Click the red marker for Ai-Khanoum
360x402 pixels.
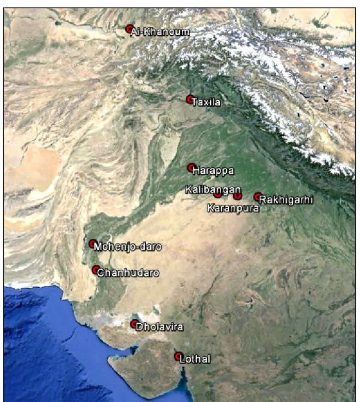click(x=130, y=29)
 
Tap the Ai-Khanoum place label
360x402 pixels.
click(x=154, y=32)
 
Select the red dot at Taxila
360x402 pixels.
click(x=190, y=99)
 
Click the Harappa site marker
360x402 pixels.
click(x=191, y=167)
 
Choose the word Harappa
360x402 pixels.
click(x=213, y=171)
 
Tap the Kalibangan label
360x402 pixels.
click(x=213, y=189)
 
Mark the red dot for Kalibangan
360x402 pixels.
click(x=218, y=194)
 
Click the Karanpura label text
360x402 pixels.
click(x=233, y=208)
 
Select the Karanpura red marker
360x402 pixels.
click(x=238, y=196)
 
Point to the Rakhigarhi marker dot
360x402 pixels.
click(x=258, y=197)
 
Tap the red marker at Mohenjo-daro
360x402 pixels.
click(x=93, y=243)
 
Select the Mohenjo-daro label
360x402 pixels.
click(x=127, y=247)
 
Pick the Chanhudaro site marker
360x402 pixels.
click(x=96, y=270)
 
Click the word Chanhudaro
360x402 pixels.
click(x=128, y=273)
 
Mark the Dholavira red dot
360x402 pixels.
click(x=134, y=324)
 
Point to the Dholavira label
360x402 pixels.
click(x=160, y=327)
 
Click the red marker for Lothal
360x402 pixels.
click(x=178, y=356)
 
